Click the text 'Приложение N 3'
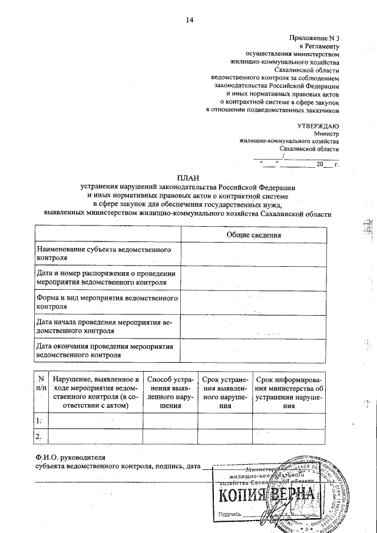(x=315, y=38)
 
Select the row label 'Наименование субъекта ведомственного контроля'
(x=103, y=254)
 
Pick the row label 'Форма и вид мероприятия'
(x=106, y=303)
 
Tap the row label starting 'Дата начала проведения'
(x=104, y=327)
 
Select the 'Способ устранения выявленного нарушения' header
(x=170, y=392)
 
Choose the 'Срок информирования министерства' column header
(x=288, y=392)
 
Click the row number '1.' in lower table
(x=39, y=421)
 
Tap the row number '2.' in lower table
(x=39, y=436)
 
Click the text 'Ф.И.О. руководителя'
(x=70, y=458)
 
